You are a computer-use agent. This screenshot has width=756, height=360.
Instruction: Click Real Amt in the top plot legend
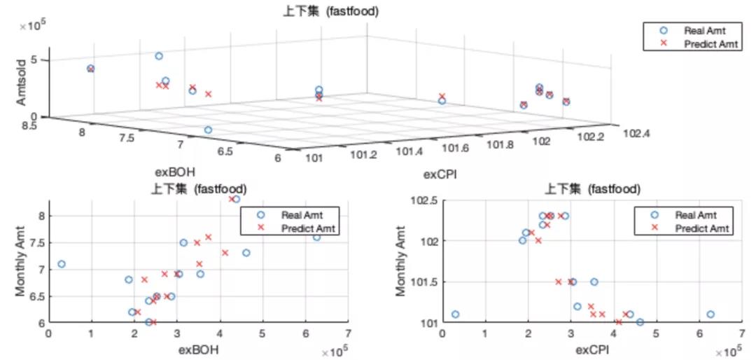pos(703,30)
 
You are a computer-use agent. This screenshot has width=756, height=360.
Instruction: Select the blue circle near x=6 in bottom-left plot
pos(316,237)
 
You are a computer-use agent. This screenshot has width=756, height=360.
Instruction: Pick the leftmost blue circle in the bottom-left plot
pos(62,264)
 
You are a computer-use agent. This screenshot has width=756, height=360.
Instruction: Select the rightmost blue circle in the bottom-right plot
pos(710,314)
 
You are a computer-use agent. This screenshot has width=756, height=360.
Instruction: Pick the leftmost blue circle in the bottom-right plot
pos(456,314)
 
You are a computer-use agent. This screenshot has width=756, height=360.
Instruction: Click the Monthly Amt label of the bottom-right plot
pos(402,261)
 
